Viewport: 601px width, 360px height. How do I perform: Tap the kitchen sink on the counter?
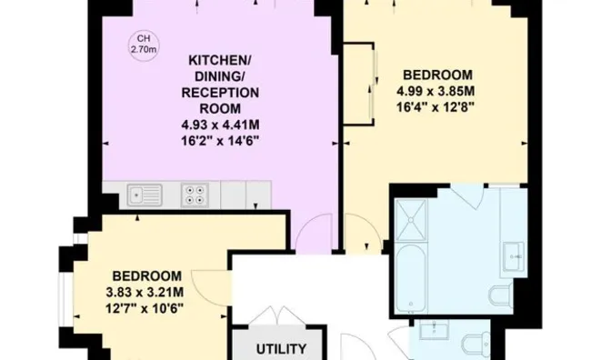click(145, 193)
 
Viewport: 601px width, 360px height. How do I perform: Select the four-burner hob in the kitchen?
click(195, 193)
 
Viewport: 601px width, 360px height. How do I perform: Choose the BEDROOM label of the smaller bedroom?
click(148, 275)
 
